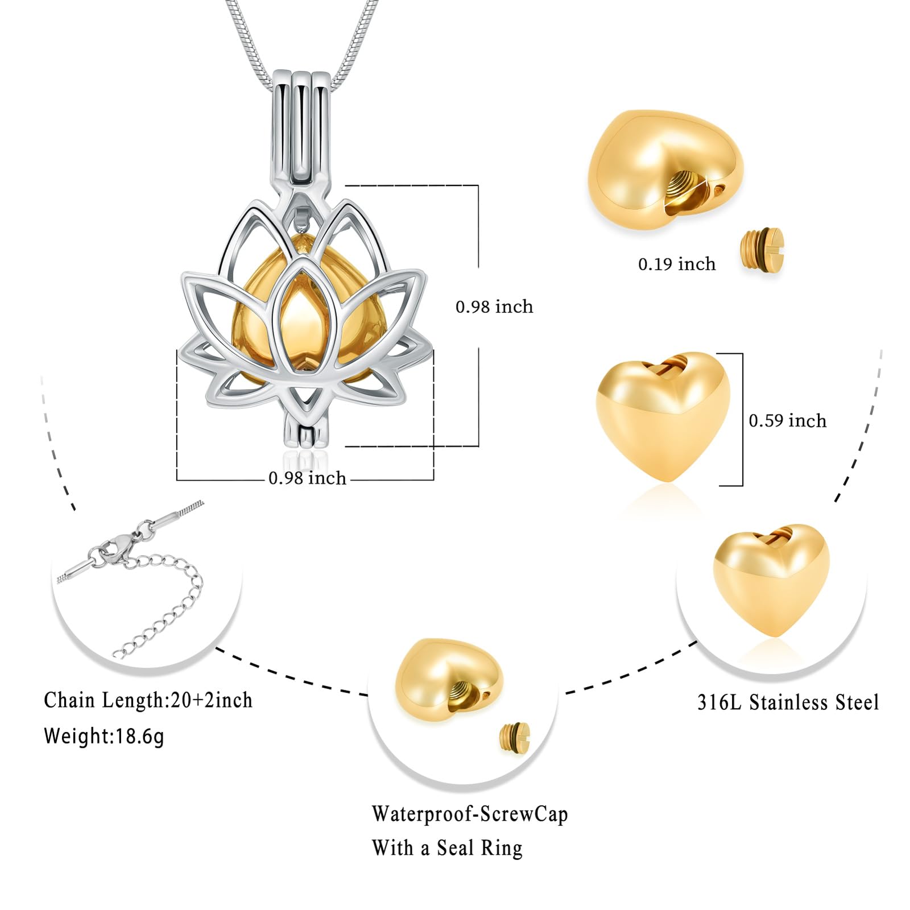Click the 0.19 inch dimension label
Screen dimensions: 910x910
coord(676,264)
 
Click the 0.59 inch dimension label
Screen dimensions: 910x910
coord(787,421)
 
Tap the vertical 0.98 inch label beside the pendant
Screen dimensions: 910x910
coord(494,307)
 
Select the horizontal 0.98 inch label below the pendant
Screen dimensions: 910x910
coord(307,478)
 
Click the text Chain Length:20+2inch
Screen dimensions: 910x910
coord(148,700)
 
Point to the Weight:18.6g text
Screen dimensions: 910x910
coord(104,736)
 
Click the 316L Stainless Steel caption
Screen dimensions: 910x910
coord(788,702)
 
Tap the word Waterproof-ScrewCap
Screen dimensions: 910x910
coord(470,814)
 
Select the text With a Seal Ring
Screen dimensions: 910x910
coord(447,848)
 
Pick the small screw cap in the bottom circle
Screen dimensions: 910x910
coord(515,738)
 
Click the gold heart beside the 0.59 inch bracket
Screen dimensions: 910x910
coord(663,415)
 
